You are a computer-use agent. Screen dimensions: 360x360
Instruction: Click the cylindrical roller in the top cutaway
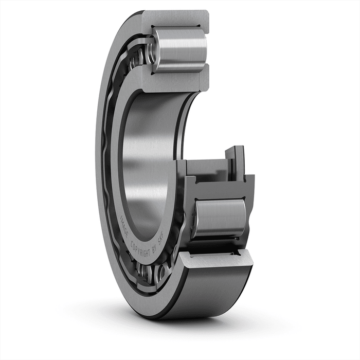click(x=180, y=50)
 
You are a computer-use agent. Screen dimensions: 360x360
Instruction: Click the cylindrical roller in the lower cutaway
click(x=220, y=218)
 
